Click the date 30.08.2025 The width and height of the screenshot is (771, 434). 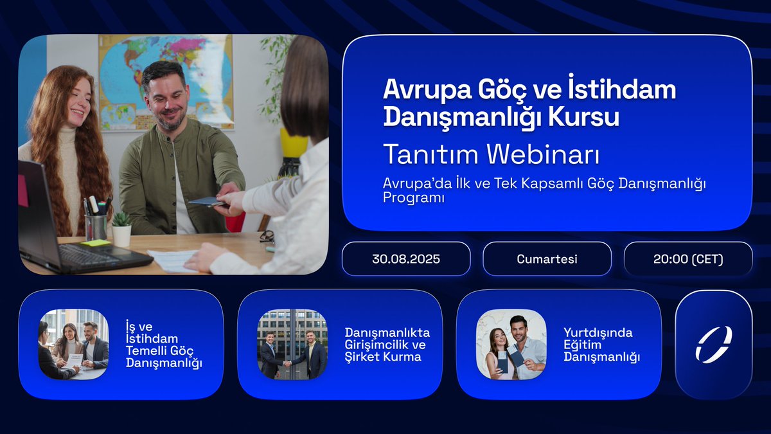coord(406,259)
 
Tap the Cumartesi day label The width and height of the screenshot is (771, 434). coord(547,259)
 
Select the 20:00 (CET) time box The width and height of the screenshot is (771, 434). coord(687,259)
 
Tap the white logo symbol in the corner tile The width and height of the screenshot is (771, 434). coord(713,344)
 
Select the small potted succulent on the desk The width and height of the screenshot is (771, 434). coord(121,228)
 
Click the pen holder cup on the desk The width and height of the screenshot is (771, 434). coord(96,225)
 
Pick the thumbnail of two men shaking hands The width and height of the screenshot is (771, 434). coord(292,344)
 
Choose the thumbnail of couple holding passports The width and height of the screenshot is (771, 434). coord(511,344)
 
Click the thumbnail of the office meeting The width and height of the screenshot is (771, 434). coord(73,344)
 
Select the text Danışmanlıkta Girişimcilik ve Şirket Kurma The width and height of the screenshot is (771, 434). coord(387,345)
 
